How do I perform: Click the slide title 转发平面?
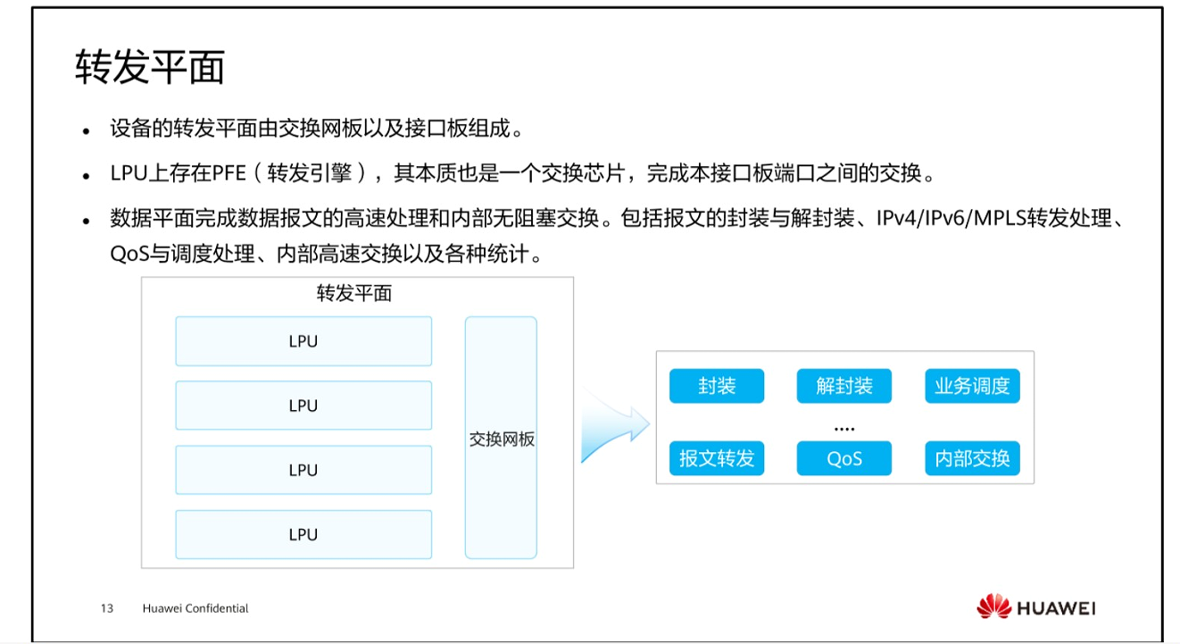149,68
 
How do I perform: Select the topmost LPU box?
303,341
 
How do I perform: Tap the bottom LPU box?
303,534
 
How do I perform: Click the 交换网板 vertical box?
501,438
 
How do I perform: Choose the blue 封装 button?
717,386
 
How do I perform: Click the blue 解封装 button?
843,386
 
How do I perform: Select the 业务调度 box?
972,386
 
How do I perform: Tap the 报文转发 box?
717,458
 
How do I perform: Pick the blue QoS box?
843,458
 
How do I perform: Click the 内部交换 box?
972,458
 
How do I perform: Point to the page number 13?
107,608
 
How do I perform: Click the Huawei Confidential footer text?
195,608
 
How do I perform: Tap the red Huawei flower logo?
993,607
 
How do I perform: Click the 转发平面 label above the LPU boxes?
354,293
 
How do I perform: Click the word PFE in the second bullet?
229,173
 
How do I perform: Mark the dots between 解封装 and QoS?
843,430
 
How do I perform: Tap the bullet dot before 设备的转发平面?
87,130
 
